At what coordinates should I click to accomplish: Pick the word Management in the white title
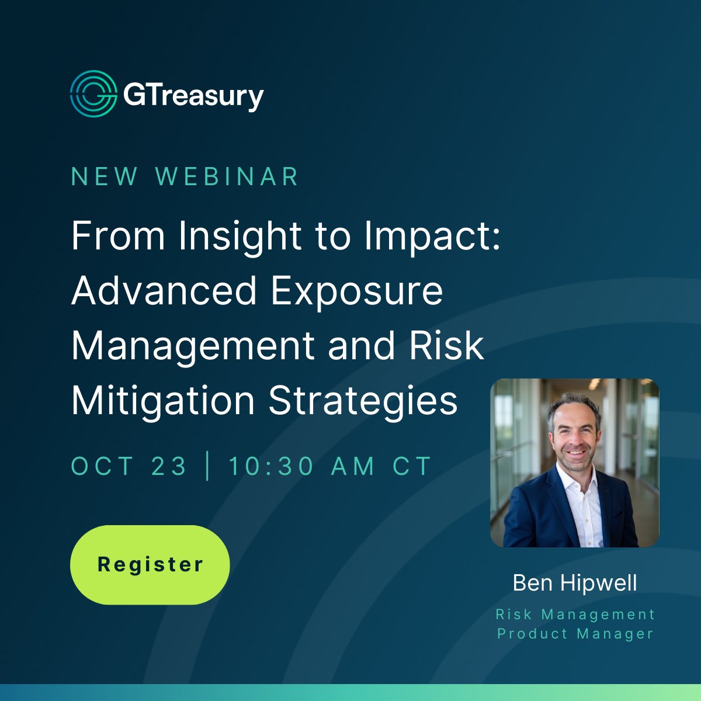[x=193, y=346]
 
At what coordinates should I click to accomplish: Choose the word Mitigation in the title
[x=163, y=401]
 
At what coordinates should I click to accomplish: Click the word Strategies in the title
[x=363, y=401]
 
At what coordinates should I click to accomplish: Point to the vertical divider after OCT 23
[x=207, y=466]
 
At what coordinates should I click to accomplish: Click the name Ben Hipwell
[x=575, y=583]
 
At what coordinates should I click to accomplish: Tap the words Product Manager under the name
[x=575, y=634]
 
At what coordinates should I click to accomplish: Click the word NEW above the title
[x=105, y=177]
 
